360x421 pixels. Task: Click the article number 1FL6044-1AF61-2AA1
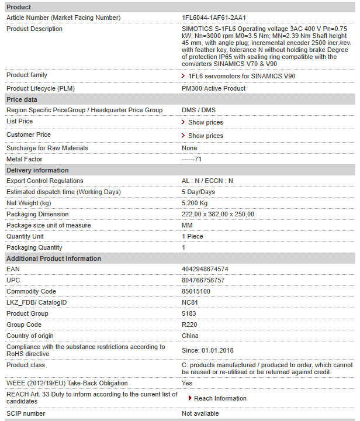click(x=213, y=18)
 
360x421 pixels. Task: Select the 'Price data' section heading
click(x=22, y=99)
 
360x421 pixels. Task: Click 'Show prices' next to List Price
click(x=205, y=122)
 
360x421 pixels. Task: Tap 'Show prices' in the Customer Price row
click(x=205, y=136)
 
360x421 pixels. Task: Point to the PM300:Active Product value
click(x=213, y=88)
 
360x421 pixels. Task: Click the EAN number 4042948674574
click(x=205, y=269)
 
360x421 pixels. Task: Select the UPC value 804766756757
click(x=203, y=280)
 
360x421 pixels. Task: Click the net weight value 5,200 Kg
click(x=195, y=203)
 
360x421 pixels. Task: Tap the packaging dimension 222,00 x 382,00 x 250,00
click(x=218, y=214)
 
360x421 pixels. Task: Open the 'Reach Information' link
click(x=220, y=398)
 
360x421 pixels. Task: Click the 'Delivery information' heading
click(x=37, y=170)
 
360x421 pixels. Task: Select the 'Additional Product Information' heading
click(x=54, y=258)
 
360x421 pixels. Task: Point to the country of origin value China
click(x=190, y=336)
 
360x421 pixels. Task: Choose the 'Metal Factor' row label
click(x=25, y=159)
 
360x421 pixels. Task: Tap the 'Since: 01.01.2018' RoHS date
click(x=207, y=350)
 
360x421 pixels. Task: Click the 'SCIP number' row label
click(x=26, y=413)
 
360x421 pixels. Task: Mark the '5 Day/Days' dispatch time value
click(x=198, y=192)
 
